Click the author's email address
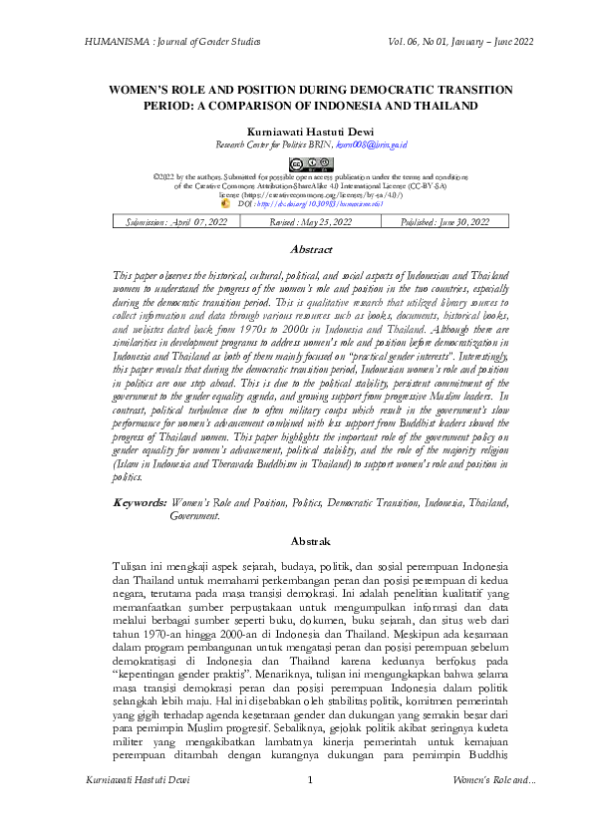[x=347, y=144]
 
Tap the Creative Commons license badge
[x=296, y=163]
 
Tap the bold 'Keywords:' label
[x=140, y=505]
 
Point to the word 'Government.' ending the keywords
[x=195, y=517]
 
